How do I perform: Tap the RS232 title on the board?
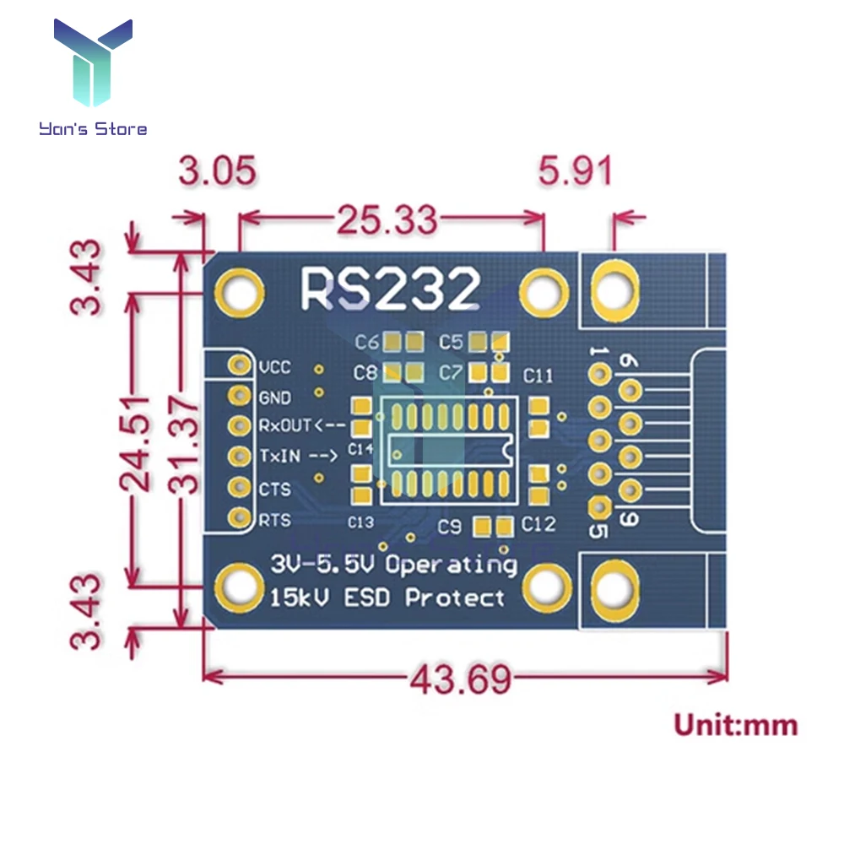(390, 289)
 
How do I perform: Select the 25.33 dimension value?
(387, 219)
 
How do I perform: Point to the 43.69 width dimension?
(461, 677)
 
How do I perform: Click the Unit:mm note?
(734, 724)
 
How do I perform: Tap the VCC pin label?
(274, 368)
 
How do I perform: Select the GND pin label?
(274, 398)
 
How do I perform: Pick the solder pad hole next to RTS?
(241, 518)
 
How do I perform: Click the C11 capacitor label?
(538, 375)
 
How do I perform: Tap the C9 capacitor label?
(450, 527)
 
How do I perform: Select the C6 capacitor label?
(366, 343)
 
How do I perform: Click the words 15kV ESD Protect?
(387, 598)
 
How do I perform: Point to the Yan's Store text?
(93, 129)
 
